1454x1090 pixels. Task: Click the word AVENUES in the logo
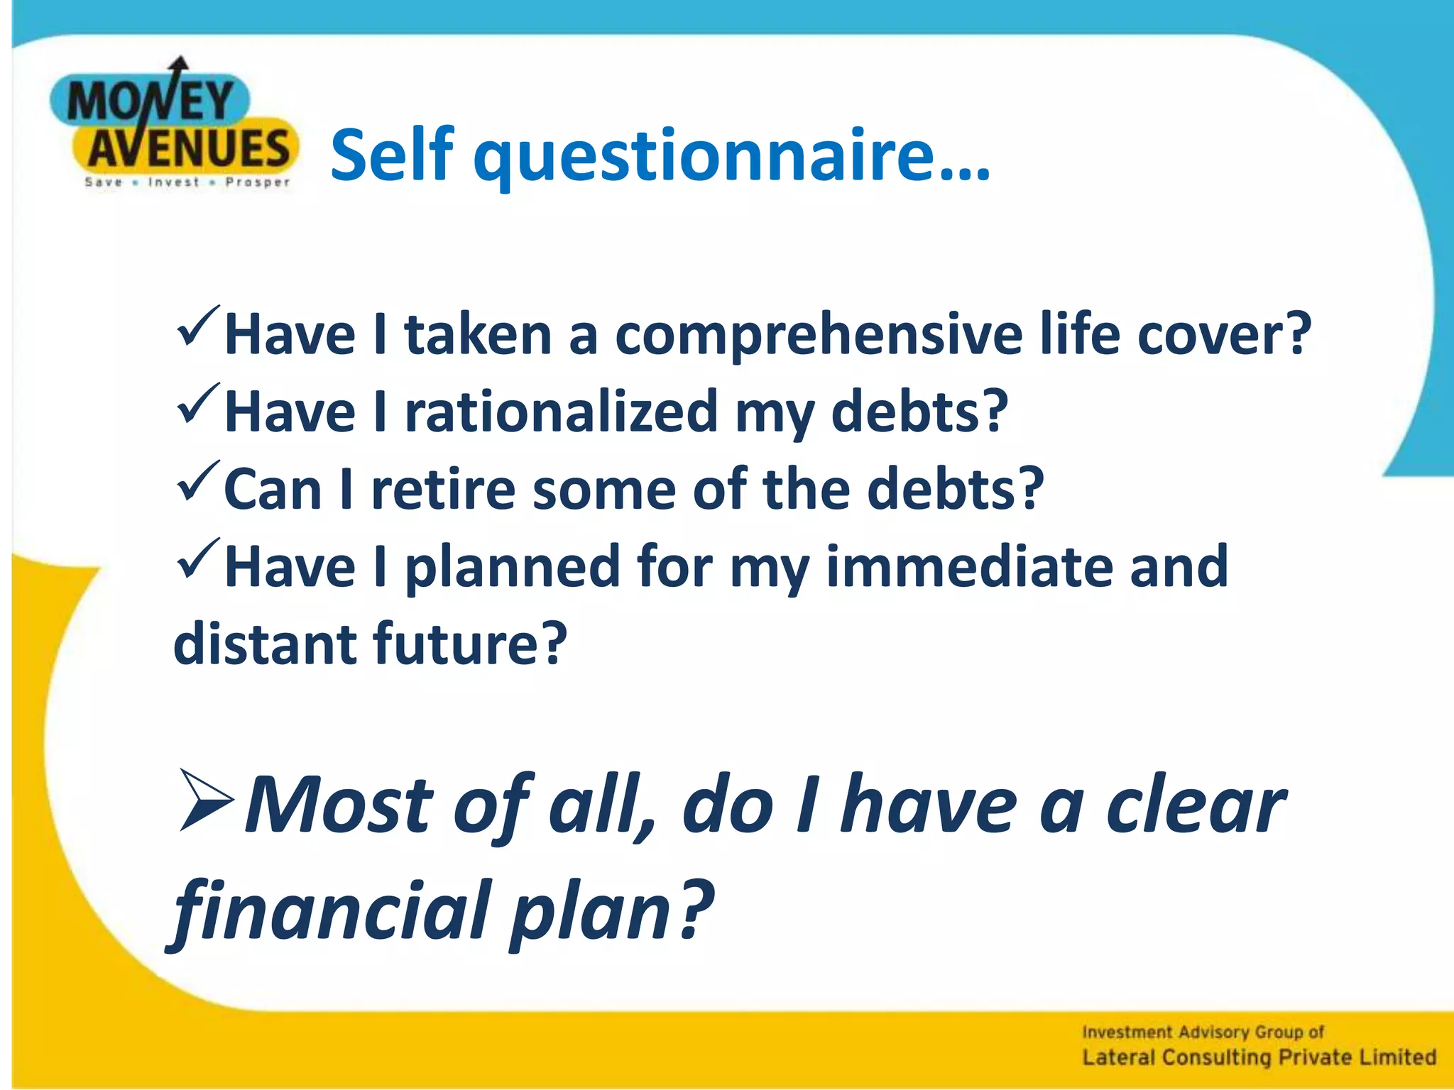click(188, 149)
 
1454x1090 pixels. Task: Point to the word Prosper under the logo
click(257, 182)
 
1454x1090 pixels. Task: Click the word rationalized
click(561, 412)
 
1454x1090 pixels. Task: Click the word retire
click(443, 489)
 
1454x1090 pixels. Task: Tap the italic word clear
click(1196, 805)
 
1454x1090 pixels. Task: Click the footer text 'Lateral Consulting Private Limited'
click(1258, 1057)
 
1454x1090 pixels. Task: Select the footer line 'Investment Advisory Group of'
click(1203, 1032)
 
